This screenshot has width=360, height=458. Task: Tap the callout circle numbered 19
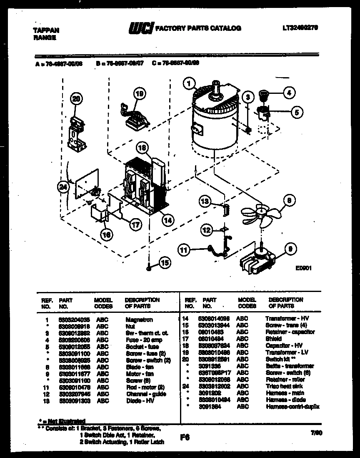[139, 94]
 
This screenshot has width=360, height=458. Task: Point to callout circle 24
[62, 188]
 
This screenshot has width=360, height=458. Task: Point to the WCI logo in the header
[140, 28]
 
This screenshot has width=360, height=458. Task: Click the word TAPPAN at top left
[45, 30]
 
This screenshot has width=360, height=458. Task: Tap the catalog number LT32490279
[300, 28]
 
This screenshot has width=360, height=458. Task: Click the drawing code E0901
[303, 269]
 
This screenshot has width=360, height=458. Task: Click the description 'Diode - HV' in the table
[139, 401]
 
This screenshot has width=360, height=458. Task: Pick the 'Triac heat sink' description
[284, 386]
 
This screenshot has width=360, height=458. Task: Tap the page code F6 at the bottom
[185, 438]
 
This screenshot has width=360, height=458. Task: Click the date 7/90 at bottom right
[316, 433]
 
